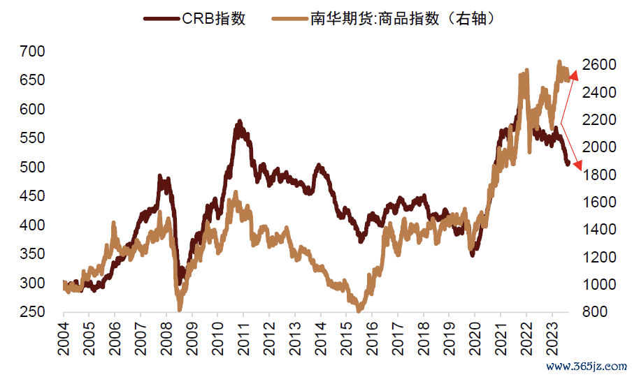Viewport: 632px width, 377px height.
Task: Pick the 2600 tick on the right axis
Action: pyautogui.click(x=601, y=64)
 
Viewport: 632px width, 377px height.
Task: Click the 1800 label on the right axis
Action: pyautogui.click(x=601, y=175)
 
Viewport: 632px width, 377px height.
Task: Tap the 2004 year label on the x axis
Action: pyautogui.click(x=64, y=339)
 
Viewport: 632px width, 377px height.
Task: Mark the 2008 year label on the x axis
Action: pyautogui.click(x=166, y=339)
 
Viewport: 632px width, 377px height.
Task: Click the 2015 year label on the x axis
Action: pyautogui.click(x=346, y=339)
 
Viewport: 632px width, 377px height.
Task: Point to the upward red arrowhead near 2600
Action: pyautogui.click(x=573, y=75)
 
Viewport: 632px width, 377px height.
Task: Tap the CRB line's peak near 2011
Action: pyautogui.click(x=239, y=124)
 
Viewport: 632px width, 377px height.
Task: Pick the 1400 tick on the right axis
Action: pyautogui.click(x=601, y=230)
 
